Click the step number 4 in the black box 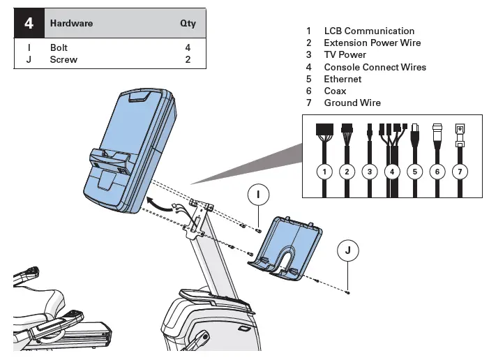click(29, 23)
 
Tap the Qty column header click(188, 23)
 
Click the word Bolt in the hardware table click(59, 48)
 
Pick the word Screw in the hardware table click(63, 60)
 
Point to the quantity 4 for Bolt click(188, 48)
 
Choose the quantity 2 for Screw click(188, 60)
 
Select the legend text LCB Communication click(369, 31)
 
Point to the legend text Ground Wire click(352, 103)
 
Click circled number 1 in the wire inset click(323, 170)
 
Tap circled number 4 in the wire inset click(391, 170)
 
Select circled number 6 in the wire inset click(437, 170)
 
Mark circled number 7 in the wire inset click(460, 170)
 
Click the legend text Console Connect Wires click(375, 67)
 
